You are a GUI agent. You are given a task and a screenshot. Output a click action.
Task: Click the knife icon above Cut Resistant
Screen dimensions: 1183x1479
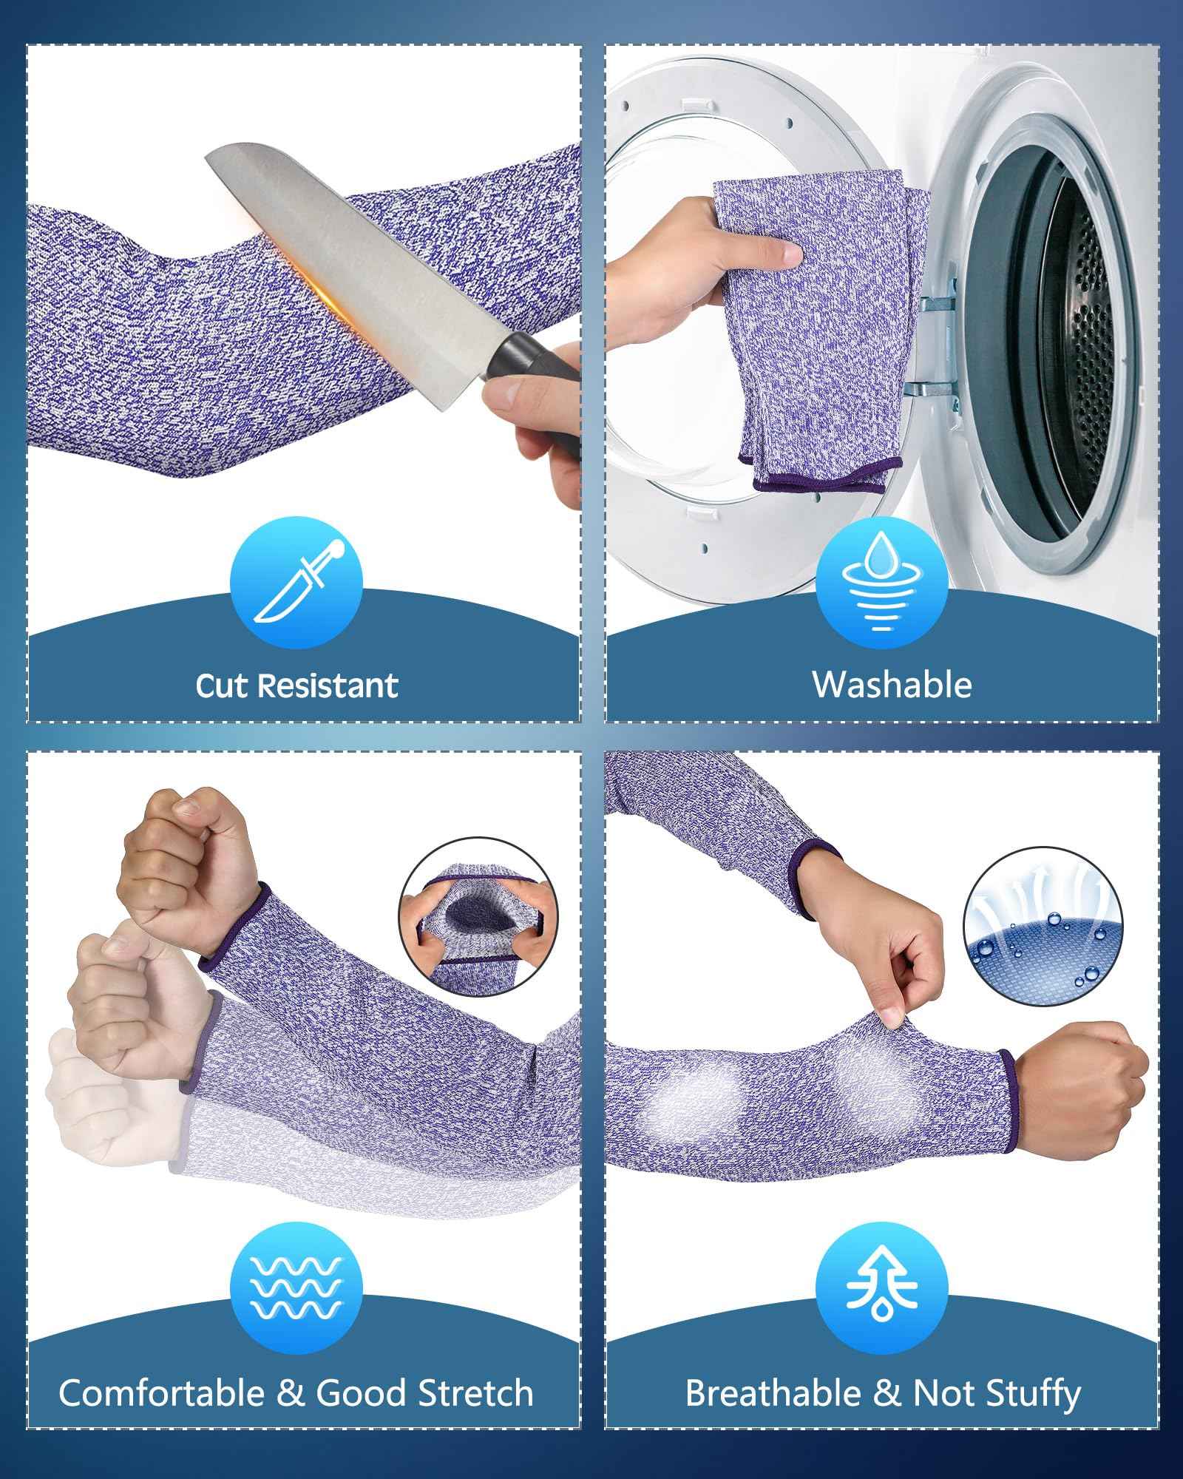tap(296, 582)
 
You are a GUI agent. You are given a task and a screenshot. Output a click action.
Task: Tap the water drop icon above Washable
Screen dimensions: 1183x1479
tap(882, 582)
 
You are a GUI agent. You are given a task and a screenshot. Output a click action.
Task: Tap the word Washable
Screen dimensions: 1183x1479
tap(892, 685)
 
